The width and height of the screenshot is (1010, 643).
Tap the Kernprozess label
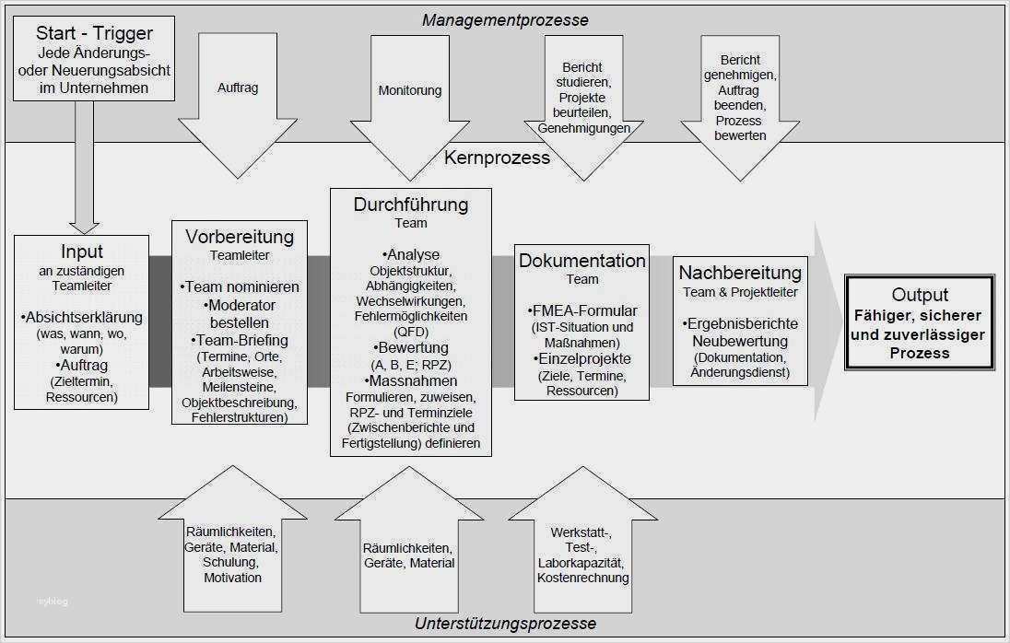pos(497,158)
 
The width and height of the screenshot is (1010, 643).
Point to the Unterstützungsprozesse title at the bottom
pos(506,624)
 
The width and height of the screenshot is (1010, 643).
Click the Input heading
pos(82,251)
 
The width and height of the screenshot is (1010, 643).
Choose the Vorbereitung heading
pos(239,237)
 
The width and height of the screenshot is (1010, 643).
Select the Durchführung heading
pos(411,205)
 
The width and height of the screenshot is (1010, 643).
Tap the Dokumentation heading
pos(582,261)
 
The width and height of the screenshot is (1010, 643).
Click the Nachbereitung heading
pos(740,273)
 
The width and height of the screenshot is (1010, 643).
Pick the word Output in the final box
pos(920,295)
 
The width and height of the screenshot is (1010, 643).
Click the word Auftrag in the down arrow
pos(238,88)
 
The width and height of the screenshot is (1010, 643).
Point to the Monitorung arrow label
pos(410,90)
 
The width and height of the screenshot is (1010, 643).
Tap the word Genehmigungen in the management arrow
pos(584,129)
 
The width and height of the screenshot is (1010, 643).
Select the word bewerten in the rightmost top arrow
pos(740,135)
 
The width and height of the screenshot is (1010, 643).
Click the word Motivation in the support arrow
pos(233,578)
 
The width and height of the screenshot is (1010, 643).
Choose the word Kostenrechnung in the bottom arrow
pos(583,578)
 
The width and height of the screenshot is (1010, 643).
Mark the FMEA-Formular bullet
pos(583,310)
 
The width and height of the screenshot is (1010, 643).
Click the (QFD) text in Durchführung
pos(411,332)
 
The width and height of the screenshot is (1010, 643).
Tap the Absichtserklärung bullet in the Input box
pos(82,318)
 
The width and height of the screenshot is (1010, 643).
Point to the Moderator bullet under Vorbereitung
pos(240,305)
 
